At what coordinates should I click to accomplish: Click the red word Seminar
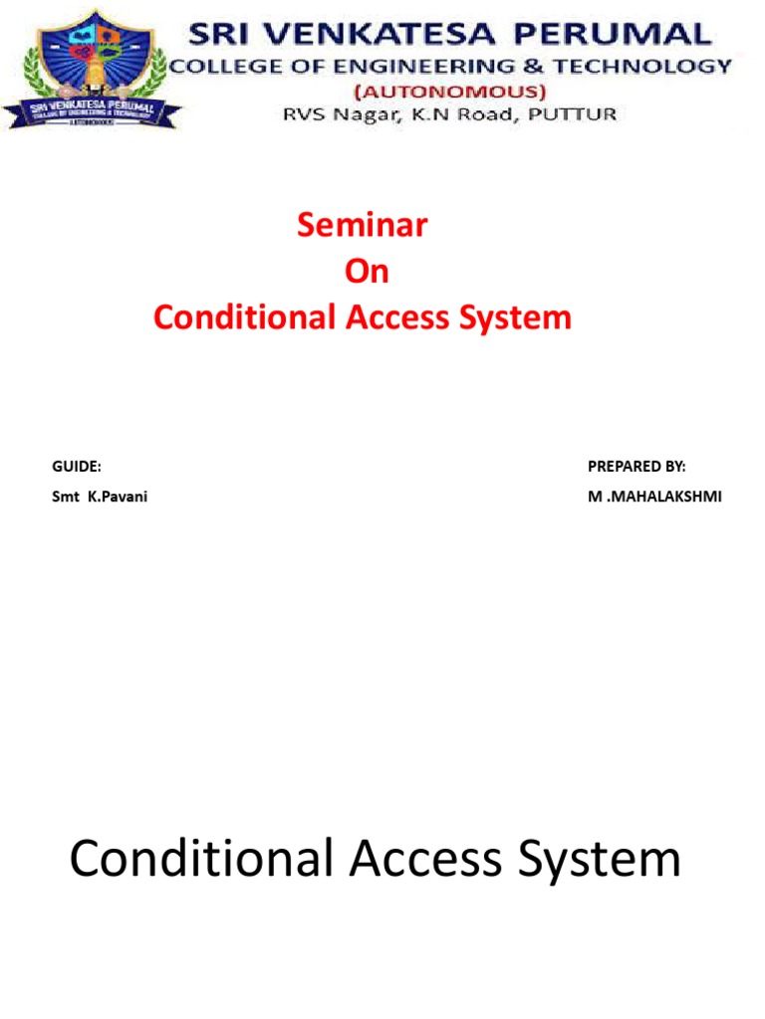(x=363, y=226)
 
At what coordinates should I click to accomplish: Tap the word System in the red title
(x=518, y=317)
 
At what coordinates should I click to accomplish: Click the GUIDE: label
(x=77, y=466)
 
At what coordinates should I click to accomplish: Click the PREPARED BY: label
(x=637, y=466)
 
